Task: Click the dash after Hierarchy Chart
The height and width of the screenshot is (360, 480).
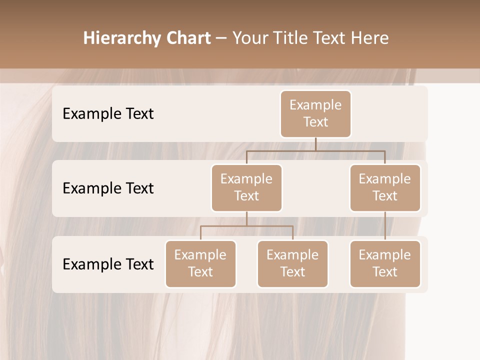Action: coord(221,39)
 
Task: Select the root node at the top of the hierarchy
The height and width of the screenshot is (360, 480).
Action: coord(315,114)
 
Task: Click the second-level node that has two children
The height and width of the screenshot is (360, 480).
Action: coord(246,188)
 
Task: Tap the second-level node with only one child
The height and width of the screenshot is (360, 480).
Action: coord(385,188)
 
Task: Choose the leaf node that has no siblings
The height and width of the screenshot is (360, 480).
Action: coord(385,264)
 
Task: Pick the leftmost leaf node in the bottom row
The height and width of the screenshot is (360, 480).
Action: coord(200,264)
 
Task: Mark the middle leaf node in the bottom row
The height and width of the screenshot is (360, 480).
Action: coord(292,264)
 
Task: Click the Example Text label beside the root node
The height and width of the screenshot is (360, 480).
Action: coord(108,114)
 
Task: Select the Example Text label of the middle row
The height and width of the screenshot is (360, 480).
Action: coord(108,188)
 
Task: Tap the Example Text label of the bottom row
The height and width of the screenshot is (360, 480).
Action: coord(108,264)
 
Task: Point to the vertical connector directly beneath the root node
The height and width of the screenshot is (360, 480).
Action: coord(315,144)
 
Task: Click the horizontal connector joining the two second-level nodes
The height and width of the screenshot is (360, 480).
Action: coord(315,150)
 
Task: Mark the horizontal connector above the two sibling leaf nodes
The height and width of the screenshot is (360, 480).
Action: coord(246,226)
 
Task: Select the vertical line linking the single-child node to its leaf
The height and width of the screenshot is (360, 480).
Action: coord(385,226)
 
